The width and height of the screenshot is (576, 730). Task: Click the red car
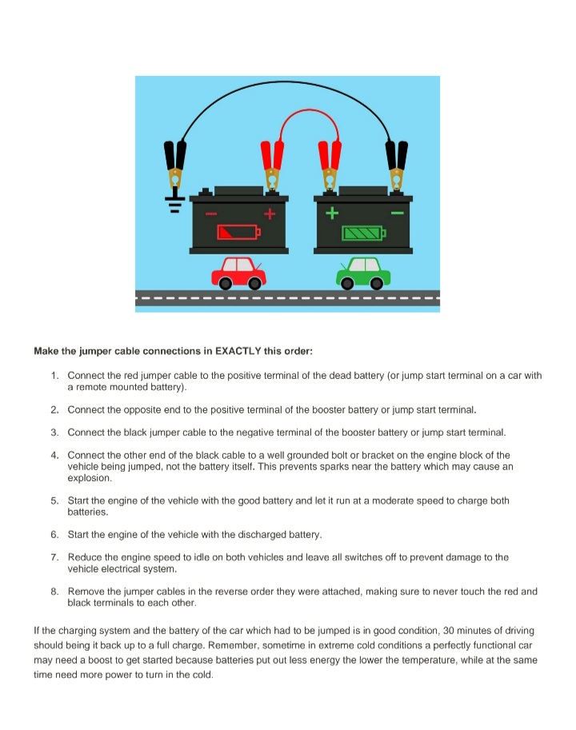point(239,273)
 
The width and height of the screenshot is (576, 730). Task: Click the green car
point(363,273)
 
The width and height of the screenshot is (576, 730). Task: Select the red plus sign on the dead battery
point(270,213)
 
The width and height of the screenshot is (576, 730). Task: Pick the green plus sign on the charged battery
point(331,213)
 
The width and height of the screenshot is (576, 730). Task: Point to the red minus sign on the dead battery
point(211,213)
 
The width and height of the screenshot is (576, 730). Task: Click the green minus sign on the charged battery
point(397,213)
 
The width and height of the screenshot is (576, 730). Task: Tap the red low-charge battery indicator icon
point(238,232)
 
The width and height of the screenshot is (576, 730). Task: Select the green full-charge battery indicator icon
point(364,233)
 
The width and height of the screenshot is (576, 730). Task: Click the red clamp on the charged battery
point(330,166)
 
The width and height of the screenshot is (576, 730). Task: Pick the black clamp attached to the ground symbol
point(175,164)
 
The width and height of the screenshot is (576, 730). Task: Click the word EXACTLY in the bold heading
point(238,351)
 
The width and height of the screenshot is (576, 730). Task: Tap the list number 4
point(54,455)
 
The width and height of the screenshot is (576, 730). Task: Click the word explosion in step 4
point(90,478)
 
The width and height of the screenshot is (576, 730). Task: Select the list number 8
point(54,592)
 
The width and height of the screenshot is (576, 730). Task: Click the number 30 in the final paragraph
point(449,631)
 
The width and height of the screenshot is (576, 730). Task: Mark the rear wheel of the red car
point(226,283)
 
